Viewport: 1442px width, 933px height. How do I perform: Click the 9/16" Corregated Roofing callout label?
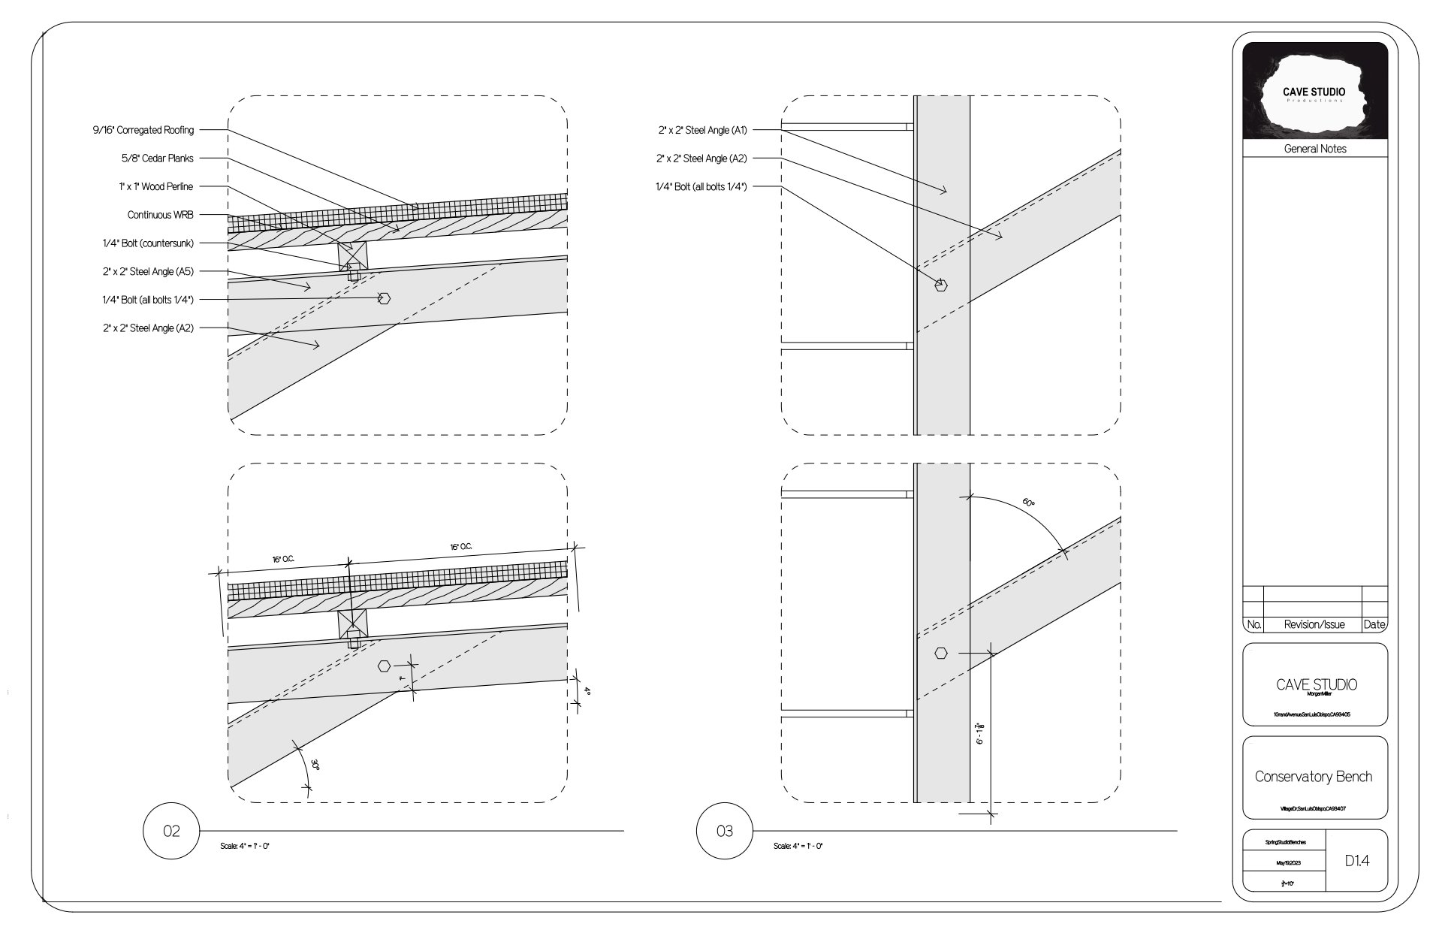coord(143,130)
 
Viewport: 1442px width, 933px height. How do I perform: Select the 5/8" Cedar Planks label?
coord(153,159)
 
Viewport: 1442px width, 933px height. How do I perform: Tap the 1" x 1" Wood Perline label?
coord(155,186)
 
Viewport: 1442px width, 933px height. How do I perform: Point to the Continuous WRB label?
coord(160,215)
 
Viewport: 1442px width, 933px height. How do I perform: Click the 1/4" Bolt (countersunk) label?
coord(148,243)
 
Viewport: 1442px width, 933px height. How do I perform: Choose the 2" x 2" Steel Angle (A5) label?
coord(148,271)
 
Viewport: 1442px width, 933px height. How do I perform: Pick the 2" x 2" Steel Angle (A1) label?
coord(702,130)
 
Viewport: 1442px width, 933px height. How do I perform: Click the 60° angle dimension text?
coord(1028,502)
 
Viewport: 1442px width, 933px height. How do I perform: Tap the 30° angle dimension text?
coord(315,765)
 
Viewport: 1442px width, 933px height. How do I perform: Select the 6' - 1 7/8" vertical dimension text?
coord(980,733)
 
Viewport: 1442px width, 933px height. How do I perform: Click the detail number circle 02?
coord(171,831)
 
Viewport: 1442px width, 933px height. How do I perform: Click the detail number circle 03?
coord(724,831)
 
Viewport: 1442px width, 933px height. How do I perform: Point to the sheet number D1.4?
coord(1356,861)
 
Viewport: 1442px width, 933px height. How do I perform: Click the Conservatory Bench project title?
coord(1314,777)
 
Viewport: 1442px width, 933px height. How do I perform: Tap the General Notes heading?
coord(1315,149)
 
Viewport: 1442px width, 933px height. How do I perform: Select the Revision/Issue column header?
coord(1314,624)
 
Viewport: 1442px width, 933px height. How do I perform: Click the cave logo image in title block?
coord(1314,91)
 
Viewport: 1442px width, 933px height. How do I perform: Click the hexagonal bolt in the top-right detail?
coord(941,285)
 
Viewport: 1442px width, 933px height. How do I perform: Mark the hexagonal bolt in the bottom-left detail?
coord(384,666)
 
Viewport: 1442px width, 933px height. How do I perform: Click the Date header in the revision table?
coord(1374,624)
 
